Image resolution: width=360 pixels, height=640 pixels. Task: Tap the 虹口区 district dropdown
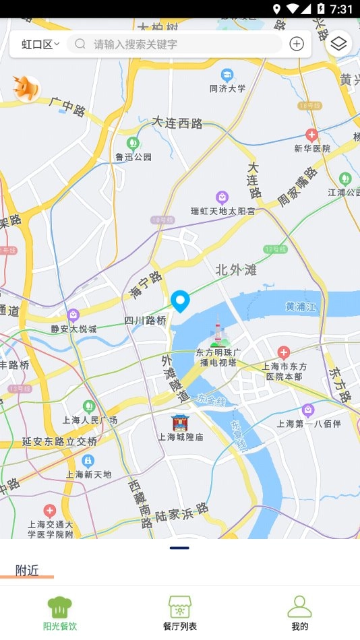tap(40, 44)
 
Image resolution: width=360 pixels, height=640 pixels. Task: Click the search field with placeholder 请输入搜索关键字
tap(175, 44)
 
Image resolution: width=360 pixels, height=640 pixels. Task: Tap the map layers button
tap(339, 44)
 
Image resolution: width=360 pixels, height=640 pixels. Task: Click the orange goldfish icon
tap(27, 88)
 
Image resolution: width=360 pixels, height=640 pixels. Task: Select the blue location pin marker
tap(180, 300)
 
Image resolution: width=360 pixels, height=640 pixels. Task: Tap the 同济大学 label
tap(228, 88)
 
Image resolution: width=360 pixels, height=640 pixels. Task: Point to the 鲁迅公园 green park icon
tap(133, 143)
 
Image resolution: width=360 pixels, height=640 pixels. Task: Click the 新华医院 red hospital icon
tap(311, 135)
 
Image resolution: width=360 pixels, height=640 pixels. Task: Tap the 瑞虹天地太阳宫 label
tap(222, 211)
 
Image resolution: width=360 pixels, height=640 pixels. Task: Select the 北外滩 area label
tap(236, 270)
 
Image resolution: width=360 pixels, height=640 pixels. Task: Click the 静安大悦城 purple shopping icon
tap(73, 315)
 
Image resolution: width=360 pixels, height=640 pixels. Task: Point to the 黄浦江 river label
tap(301, 307)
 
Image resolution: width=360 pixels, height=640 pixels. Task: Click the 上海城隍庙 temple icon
tap(180, 422)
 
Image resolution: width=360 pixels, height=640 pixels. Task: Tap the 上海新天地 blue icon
tap(88, 460)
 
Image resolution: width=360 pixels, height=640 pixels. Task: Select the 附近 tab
tap(27, 570)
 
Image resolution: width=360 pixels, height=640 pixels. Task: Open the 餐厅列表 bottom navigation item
tap(180, 612)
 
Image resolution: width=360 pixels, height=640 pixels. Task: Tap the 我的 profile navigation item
tap(299, 612)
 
